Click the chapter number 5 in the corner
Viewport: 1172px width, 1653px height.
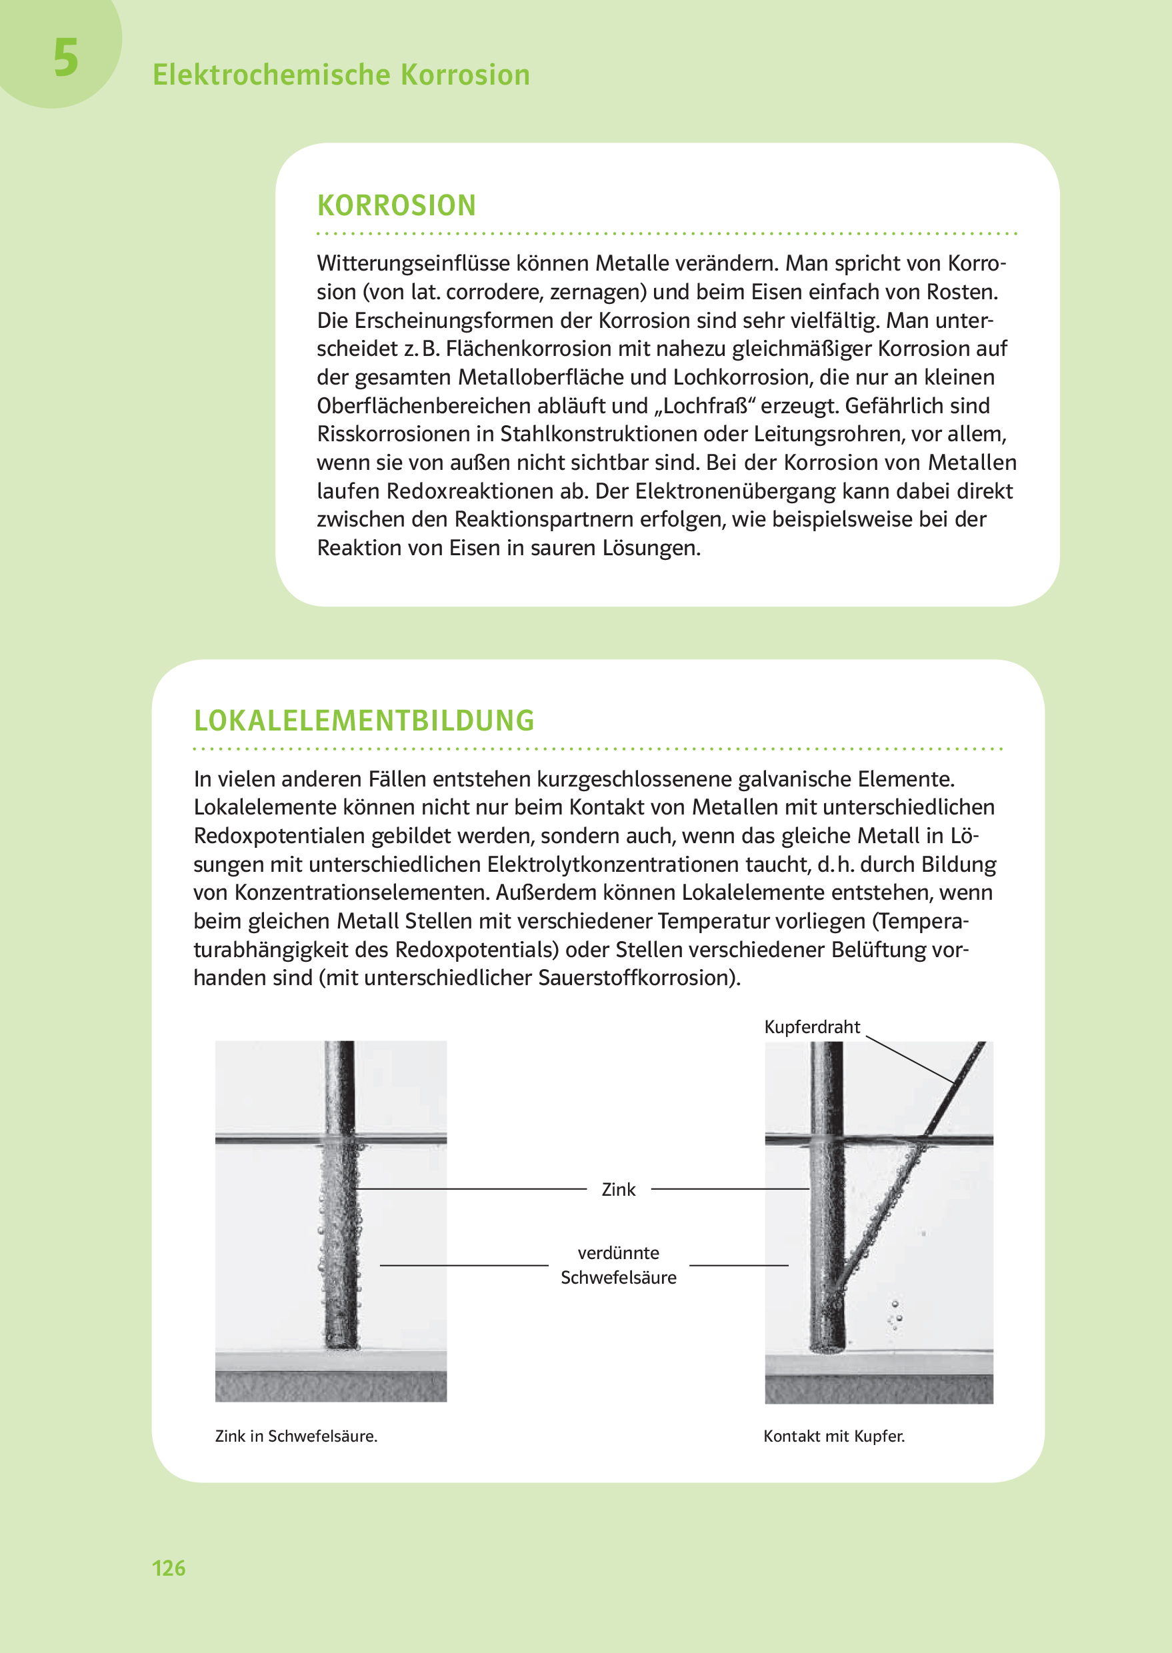click(x=66, y=59)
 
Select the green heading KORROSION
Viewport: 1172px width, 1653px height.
click(x=396, y=206)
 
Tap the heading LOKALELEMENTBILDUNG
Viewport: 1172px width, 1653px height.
click(x=364, y=721)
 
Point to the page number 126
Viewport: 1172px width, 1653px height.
click(x=168, y=1568)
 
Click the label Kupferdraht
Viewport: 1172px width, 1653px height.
click(x=811, y=1026)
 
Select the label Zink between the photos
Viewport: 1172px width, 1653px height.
click(x=618, y=1190)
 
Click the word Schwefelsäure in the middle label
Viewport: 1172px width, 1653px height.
click(x=619, y=1278)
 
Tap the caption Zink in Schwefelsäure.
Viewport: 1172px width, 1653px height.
click(x=296, y=1436)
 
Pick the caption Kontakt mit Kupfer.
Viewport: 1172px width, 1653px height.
click(x=833, y=1436)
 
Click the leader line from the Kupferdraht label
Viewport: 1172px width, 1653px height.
click(x=909, y=1060)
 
